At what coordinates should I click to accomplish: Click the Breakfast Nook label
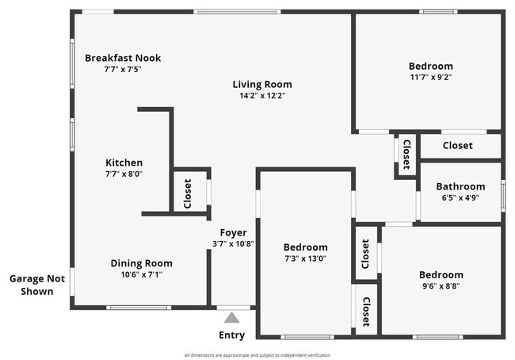tap(123, 58)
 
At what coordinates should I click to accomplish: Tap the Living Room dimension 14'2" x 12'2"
tap(262, 96)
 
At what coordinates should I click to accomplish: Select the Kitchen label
tap(124, 163)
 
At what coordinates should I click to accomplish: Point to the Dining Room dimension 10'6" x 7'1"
tap(141, 275)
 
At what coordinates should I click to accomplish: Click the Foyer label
tap(233, 232)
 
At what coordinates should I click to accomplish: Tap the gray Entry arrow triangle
tap(231, 318)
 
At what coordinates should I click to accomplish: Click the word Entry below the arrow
tap(231, 335)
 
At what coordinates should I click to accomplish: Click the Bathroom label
tap(460, 187)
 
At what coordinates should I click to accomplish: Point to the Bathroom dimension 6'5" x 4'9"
tap(460, 198)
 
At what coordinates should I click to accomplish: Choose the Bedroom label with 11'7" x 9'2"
tap(430, 67)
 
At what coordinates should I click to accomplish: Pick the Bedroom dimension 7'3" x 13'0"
tap(305, 259)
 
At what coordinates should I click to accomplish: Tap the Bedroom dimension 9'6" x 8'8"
tap(441, 286)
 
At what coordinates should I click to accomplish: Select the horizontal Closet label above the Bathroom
tap(457, 146)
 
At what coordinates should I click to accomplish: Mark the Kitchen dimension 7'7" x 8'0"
tap(124, 174)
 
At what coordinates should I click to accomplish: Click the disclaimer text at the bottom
tap(257, 355)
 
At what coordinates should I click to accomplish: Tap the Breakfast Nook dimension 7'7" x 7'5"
tap(123, 70)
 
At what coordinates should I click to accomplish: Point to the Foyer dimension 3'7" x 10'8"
tap(233, 243)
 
